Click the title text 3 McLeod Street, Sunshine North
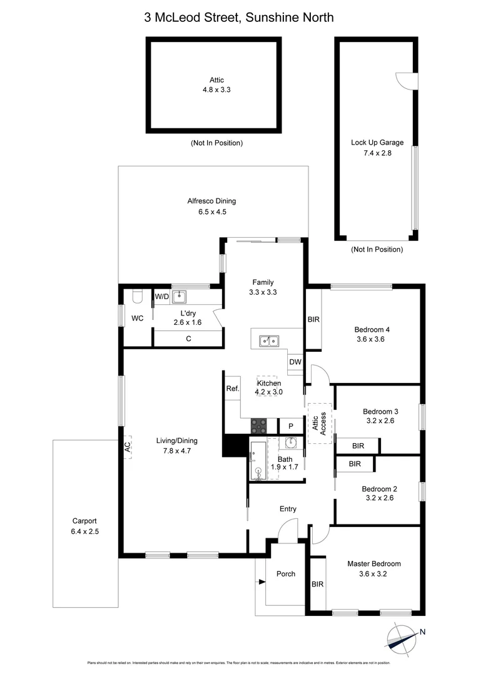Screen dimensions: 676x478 [x=239, y=18]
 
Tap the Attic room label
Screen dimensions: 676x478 [x=216, y=80]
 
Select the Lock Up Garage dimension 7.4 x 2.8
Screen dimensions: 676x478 [x=377, y=153]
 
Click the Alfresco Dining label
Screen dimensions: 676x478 [x=211, y=201]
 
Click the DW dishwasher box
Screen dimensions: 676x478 [x=295, y=362]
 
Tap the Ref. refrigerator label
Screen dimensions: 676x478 [x=232, y=388]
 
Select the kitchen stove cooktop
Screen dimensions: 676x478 [x=259, y=426]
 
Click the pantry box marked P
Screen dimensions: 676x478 [x=290, y=426]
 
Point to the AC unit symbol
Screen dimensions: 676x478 [x=127, y=446]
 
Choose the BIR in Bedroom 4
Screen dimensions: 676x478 [x=313, y=319]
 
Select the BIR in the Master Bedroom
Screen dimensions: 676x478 [x=318, y=584]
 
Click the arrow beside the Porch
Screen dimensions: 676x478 [x=261, y=583]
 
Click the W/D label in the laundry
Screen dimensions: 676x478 [x=162, y=296]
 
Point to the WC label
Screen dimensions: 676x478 [x=138, y=319]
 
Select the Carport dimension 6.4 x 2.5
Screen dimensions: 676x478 [x=84, y=531]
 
